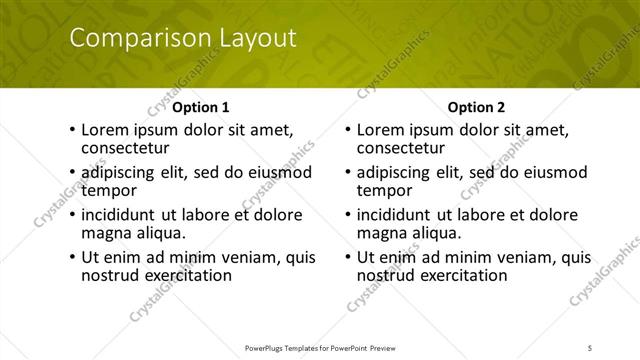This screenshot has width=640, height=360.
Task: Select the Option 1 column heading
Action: point(201,107)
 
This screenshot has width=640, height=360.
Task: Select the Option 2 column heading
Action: point(477,107)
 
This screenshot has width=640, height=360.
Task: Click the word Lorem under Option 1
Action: point(103,130)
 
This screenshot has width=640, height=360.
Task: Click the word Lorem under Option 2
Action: point(379,130)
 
